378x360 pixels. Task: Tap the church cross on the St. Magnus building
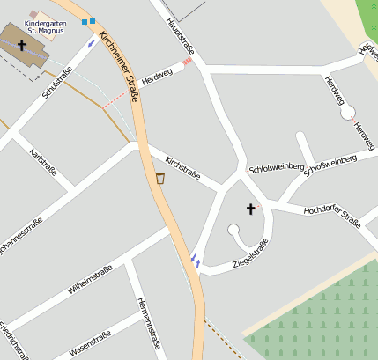pyautogui.click(x=21, y=43)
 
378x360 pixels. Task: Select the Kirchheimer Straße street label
pyautogui.click(x=122, y=67)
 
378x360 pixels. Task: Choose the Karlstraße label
pyautogui.click(x=43, y=162)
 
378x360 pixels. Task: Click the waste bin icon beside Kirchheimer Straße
pyautogui.click(x=160, y=179)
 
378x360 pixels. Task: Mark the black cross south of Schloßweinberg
pyautogui.click(x=250, y=209)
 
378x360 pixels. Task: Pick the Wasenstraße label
pyautogui.click(x=90, y=342)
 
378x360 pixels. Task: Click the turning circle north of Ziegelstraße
pyautogui.click(x=233, y=231)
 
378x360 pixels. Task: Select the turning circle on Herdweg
pyautogui.click(x=347, y=112)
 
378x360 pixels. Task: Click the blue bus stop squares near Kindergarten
pyautogui.click(x=87, y=21)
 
